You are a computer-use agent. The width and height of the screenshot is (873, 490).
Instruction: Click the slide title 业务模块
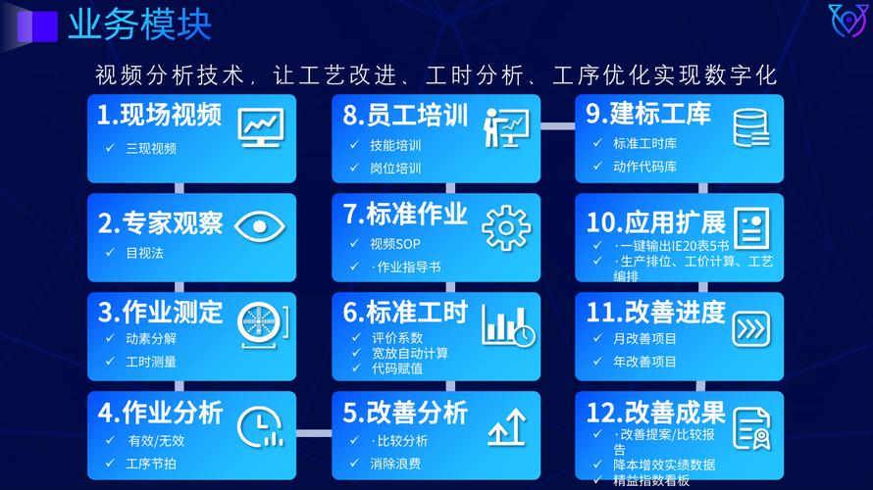click(139, 24)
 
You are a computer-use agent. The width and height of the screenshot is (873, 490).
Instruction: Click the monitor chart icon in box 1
click(260, 127)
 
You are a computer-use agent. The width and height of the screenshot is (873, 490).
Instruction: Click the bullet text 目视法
click(145, 253)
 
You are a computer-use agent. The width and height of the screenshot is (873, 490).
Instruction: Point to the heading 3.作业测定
click(160, 313)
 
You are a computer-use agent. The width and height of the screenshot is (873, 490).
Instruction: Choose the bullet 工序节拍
click(151, 463)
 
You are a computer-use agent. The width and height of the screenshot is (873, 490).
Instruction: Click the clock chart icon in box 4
click(260, 424)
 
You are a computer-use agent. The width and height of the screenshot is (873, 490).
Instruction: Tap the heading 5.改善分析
click(405, 412)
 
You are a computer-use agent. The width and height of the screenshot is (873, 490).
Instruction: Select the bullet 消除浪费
click(395, 463)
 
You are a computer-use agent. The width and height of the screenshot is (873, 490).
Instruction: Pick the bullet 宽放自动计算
click(410, 353)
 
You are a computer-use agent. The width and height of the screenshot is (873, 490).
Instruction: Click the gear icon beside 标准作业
click(506, 227)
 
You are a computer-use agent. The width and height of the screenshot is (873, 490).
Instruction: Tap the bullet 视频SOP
click(395, 243)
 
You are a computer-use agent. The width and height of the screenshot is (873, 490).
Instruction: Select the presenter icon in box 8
click(506, 127)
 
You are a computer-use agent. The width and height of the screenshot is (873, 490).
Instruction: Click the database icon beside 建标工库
click(751, 127)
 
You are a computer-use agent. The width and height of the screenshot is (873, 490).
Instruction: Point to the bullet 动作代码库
click(644, 167)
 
